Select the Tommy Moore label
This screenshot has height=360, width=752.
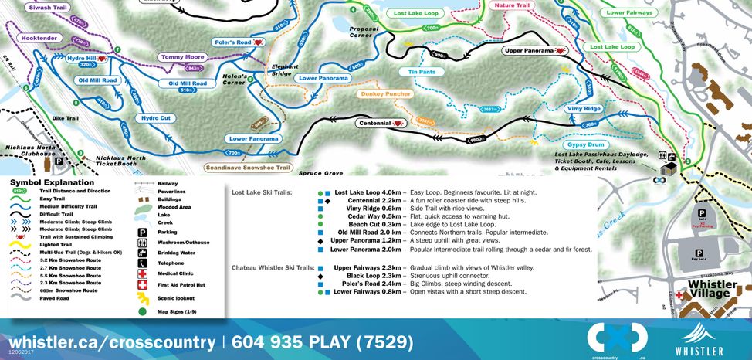[x=184, y=57]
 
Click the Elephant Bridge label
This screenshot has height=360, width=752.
[x=284, y=70]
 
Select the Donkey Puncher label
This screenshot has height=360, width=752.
[x=385, y=94]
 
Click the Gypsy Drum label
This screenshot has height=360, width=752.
[x=587, y=144]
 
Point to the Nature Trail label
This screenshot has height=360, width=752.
[x=512, y=5]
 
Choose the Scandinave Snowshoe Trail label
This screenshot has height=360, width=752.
[x=247, y=167]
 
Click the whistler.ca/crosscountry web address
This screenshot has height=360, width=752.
[x=112, y=341]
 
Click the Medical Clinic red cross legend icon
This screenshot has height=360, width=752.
[x=142, y=273]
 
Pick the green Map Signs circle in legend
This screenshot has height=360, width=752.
[x=142, y=311]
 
